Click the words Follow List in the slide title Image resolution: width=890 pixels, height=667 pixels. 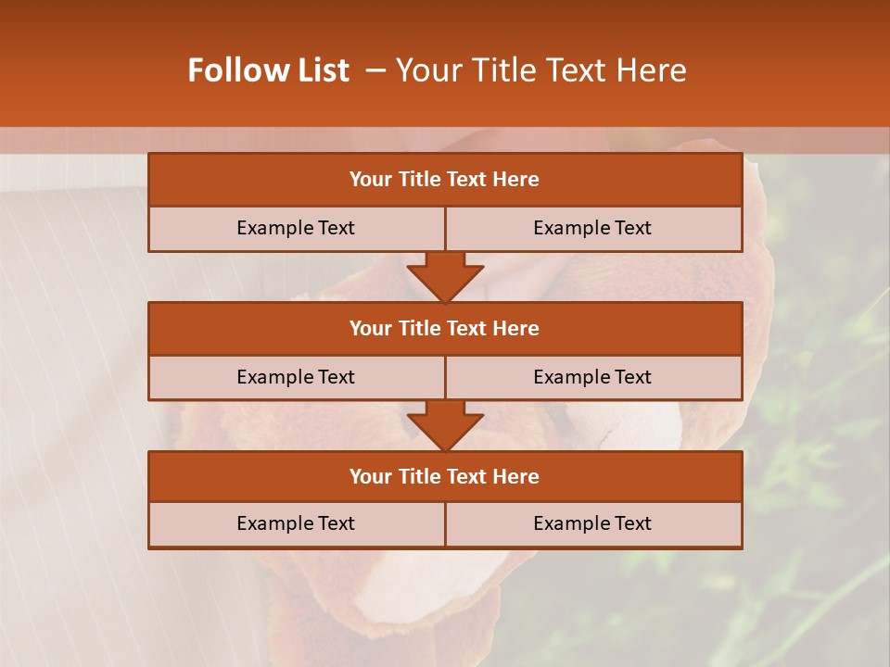tap(269, 70)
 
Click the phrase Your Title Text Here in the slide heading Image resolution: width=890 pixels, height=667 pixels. tap(540, 70)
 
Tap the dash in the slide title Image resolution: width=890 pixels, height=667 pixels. tap(375, 70)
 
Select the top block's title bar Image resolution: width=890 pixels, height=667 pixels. tap(444, 180)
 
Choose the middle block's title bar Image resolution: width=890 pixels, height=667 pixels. tap(444, 328)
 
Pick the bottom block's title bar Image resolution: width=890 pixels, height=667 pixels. tap(444, 476)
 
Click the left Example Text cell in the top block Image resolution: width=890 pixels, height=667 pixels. tap(296, 228)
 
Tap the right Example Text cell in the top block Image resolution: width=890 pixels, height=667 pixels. tap(592, 228)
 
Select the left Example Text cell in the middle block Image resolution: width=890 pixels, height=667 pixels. tap(296, 377)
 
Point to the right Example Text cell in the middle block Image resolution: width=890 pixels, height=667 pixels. tap(592, 377)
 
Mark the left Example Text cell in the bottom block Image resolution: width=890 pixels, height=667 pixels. tap(296, 523)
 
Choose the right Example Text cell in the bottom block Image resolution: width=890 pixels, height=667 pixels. tap(592, 523)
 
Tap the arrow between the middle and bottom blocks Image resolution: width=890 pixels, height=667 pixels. tap(445, 425)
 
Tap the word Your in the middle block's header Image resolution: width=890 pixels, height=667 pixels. tap(370, 328)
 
